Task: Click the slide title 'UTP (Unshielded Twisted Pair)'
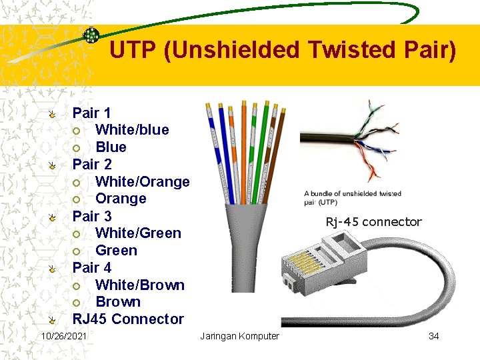pyautogui.click(x=283, y=50)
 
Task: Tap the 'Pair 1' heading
pyautogui.click(x=91, y=113)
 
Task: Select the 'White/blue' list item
pyautogui.click(x=132, y=129)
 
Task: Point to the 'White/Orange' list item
pyautogui.click(x=142, y=181)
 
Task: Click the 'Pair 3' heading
pyautogui.click(x=92, y=216)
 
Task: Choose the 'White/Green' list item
pyautogui.click(x=138, y=233)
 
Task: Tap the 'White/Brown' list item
pyautogui.click(x=140, y=285)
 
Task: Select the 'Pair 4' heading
pyautogui.click(x=92, y=267)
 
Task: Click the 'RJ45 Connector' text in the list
pyautogui.click(x=128, y=319)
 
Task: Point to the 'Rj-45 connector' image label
pyautogui.click(x=373, y=222)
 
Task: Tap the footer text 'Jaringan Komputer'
pyautogui.click(x=239, y=336)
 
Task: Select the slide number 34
pyautogui.click(x=433, y=336)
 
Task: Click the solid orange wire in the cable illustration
pyautogui.click(x=243, y=153)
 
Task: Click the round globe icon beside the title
pyautogui.click(x=91, y=35)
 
